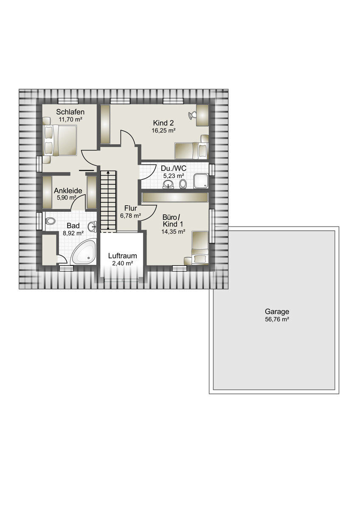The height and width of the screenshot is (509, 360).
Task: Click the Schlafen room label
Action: pos(70,112)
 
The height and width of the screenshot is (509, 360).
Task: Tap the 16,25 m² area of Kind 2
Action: pos(163,131)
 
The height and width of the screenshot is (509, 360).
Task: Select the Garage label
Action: pos(277,311)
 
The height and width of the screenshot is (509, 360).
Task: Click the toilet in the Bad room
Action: pos(50,221)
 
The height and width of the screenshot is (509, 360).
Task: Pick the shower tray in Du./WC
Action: pos(201,181)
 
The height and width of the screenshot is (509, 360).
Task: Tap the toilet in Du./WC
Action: pos(183,184)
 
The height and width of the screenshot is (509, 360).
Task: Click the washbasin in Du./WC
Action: pos(168,184)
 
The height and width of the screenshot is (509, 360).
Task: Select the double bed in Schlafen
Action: pos(59,140)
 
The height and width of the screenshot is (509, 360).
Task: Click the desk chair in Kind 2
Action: pos(192,115)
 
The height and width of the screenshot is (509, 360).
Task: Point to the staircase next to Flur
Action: pos(108,201)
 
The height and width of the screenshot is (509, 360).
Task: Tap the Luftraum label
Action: pos(122,256)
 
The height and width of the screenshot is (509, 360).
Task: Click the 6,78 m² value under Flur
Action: pos(130,215)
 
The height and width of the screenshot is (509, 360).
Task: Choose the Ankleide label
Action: pos(68,190)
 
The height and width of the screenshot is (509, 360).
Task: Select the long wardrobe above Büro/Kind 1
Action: pos(175,197)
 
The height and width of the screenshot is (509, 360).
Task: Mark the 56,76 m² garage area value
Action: pos(277,319)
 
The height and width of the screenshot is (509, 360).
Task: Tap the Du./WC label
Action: pos(173,168)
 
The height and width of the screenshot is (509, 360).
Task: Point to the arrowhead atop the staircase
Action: pos(108,172)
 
